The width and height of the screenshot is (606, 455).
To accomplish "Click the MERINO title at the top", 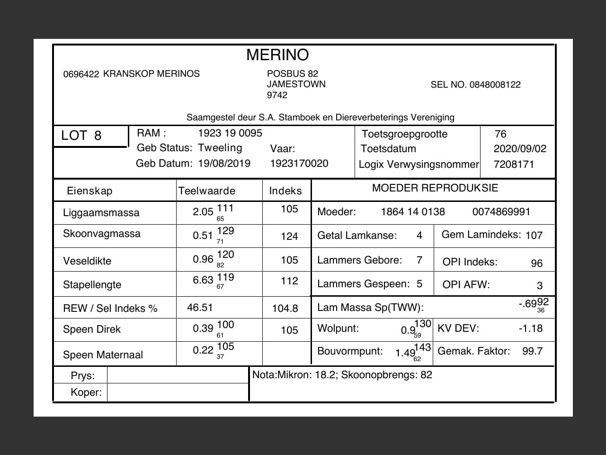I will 277,55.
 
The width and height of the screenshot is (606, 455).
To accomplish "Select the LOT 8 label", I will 81,136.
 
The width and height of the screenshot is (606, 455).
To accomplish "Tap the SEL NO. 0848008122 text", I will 475,85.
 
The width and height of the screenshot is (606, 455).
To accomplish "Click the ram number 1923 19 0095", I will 230,133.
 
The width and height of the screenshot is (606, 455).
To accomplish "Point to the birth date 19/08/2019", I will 224,164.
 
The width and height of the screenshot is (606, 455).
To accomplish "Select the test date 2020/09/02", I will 520,149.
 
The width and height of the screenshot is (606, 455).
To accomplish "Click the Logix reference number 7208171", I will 514,164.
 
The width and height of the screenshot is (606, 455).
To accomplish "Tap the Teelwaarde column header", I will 207,191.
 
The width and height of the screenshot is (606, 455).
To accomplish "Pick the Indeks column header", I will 285,191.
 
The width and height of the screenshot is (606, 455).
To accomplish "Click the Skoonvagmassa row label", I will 102,234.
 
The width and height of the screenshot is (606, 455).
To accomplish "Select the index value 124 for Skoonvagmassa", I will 289,236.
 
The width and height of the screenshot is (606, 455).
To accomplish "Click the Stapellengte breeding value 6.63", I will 203,280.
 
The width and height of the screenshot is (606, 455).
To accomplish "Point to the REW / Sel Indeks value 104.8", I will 285,309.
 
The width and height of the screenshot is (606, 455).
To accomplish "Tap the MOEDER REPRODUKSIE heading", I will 435,188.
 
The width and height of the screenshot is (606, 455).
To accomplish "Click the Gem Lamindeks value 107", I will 534,236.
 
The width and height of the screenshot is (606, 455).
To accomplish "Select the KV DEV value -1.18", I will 531,328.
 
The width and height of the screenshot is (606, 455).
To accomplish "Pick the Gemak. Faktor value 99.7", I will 533,351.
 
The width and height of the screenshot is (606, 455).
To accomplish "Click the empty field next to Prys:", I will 178,375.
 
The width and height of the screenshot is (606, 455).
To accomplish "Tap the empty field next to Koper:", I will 178,392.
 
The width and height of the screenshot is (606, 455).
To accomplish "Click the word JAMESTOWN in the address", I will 296,84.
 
